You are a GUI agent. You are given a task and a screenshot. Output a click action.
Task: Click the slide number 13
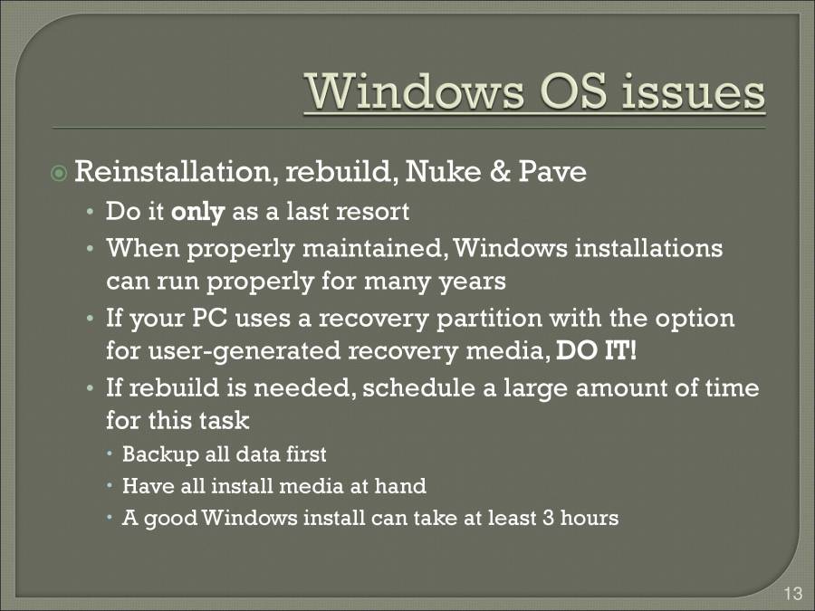(792, 594)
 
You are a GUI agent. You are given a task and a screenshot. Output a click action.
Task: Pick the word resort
(373, 213)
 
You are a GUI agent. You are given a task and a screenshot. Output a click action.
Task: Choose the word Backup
(153, 453)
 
